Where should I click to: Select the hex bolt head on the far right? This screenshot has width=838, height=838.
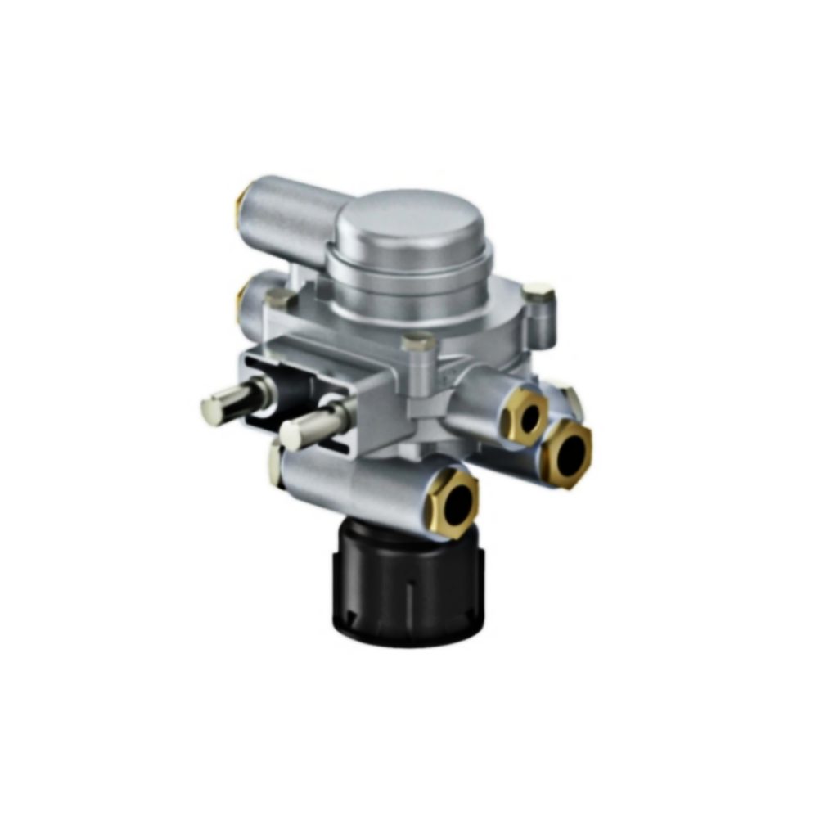(x=538, y=295)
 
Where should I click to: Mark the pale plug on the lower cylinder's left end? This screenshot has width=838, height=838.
(x=274, y=463)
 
